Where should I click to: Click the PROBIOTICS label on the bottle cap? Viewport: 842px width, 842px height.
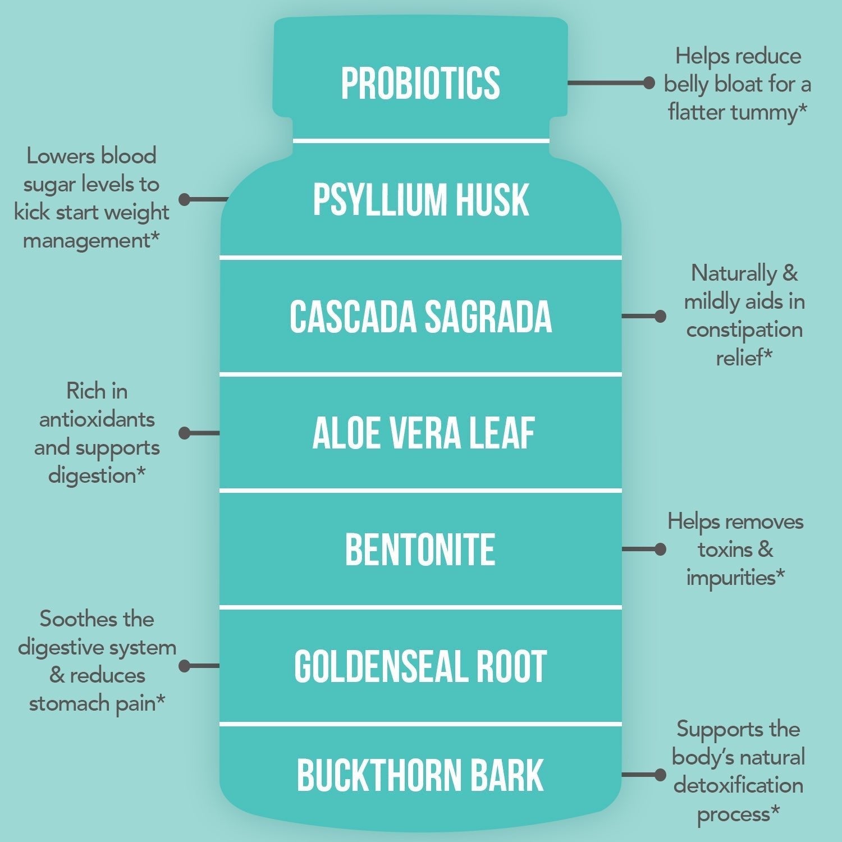[420, 84]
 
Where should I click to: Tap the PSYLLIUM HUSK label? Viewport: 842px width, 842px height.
[420, 199]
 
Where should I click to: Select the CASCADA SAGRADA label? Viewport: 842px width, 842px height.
[420, 317]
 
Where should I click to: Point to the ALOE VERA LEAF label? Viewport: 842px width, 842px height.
[423, 433]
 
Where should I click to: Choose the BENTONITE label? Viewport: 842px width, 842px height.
[420, 550]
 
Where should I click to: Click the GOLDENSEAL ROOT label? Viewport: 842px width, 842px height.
[420, 667]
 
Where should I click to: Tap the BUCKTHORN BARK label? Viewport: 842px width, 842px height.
[420, 775]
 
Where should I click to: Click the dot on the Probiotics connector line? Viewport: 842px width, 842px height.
[649, 83]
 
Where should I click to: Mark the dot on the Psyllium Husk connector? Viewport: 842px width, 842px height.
[185, 199]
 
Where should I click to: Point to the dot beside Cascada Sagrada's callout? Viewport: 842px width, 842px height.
[660, 316]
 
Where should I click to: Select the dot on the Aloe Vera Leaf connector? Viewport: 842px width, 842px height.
[185, 433]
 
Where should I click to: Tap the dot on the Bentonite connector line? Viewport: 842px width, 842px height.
[660, 549]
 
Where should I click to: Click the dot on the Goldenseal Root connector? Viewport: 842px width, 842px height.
[185, 666]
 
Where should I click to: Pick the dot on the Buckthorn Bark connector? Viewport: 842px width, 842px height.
[660, 775]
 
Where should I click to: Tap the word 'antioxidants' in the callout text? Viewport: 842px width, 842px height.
[97, 419]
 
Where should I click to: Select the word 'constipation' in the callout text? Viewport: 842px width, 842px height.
[744, 330]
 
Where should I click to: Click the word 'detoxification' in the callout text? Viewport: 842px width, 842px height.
[738, 785]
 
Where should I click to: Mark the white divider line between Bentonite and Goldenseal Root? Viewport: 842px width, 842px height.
[420, 607]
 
